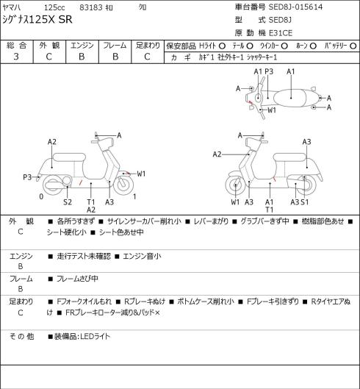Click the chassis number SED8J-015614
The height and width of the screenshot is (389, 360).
(295, 7)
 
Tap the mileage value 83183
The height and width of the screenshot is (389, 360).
(91, 7)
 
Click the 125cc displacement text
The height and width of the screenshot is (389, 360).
(54, 7)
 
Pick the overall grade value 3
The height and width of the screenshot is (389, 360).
(16, 57)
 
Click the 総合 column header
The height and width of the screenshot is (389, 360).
(16, 46)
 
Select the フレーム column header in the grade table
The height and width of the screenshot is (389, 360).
(115, 46)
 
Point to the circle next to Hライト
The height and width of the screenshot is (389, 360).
(222, 46)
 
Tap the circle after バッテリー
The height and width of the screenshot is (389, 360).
(353, 46)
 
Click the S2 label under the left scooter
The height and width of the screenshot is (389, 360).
(68, 202)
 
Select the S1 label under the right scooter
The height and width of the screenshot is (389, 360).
(305, 202)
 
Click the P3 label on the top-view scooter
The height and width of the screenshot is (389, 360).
(269, 71)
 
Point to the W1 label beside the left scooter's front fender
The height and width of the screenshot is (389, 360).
(141, 174)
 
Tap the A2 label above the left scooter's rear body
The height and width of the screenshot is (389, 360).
(52, 142)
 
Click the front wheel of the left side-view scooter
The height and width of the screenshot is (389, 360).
(123, 185)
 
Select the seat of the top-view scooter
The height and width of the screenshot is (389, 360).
(290, 98)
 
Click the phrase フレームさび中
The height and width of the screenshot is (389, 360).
(77, 279)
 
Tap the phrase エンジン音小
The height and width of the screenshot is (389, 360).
(142, 256)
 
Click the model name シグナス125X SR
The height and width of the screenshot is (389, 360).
(37, 20)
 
